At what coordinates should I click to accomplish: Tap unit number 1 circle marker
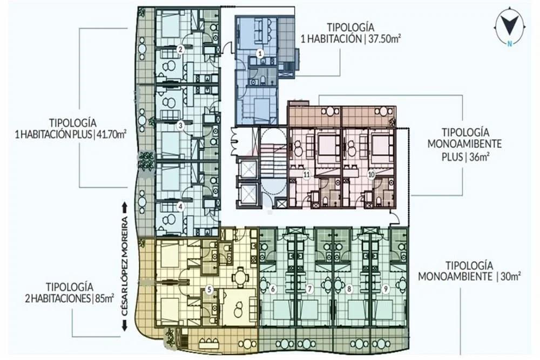[x=261, y=53]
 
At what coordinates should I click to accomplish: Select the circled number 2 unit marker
[x=180, y=49]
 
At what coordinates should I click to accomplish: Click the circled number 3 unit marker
[x=180, y=126]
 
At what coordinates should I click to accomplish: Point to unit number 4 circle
[x=180, y=207]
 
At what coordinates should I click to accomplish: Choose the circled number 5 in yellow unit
[x=208, y=289]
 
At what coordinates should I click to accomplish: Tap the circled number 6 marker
[x=273, y=289]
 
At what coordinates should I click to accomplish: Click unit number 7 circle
[x=309, y=289]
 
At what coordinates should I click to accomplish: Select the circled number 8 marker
[x=349, y=289]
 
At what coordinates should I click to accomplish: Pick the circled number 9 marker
[x=386, y=289]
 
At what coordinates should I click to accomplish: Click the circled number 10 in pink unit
[x=372, y=174]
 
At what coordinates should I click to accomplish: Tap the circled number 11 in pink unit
[x=307, y=174]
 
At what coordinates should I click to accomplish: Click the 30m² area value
[x=509, y=276]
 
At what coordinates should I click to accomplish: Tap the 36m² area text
[x=480, y=157]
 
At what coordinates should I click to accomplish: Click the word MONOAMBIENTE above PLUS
[x=464, y=144]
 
